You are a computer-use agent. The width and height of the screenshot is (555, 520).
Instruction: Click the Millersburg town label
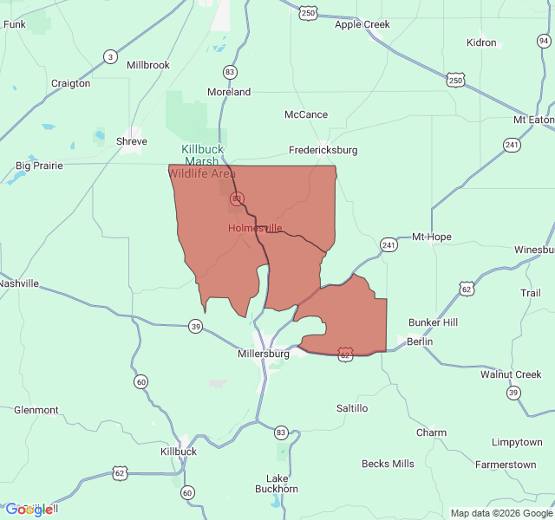pos(263,354)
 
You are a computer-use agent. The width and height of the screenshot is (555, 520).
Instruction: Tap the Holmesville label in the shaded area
pos(255,228)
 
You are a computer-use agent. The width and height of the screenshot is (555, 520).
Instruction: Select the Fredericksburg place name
pos(323,150)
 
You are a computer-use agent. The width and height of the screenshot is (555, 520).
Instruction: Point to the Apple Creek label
pos(362,24)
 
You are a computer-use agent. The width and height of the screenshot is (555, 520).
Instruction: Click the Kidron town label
pos(481,42)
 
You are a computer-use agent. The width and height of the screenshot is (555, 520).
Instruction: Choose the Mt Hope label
pos(431,237)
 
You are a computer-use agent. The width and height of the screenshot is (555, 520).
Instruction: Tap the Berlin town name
pos(420,341)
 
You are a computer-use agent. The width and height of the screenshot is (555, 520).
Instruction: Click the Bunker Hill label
pos(433,322)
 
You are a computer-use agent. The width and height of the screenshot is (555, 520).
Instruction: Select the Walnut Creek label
pos(511,374)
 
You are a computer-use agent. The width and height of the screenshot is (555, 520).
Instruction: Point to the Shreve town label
pos(132,141)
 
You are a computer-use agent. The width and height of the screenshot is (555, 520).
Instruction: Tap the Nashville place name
pos(19,283)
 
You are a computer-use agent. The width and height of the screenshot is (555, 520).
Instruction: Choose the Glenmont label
pos(36,410)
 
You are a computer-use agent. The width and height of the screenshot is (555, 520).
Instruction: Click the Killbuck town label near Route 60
pos(179,452)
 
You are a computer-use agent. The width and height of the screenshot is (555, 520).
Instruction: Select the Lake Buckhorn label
pos(282,484)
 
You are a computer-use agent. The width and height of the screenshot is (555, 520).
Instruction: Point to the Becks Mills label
pos(388,464)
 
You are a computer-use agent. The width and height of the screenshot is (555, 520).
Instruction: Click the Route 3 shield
pos(110,57)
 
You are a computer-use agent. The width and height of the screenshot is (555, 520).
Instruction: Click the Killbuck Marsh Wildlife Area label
pos(203,161)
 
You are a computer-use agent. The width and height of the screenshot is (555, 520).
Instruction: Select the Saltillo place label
pos(352,407)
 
